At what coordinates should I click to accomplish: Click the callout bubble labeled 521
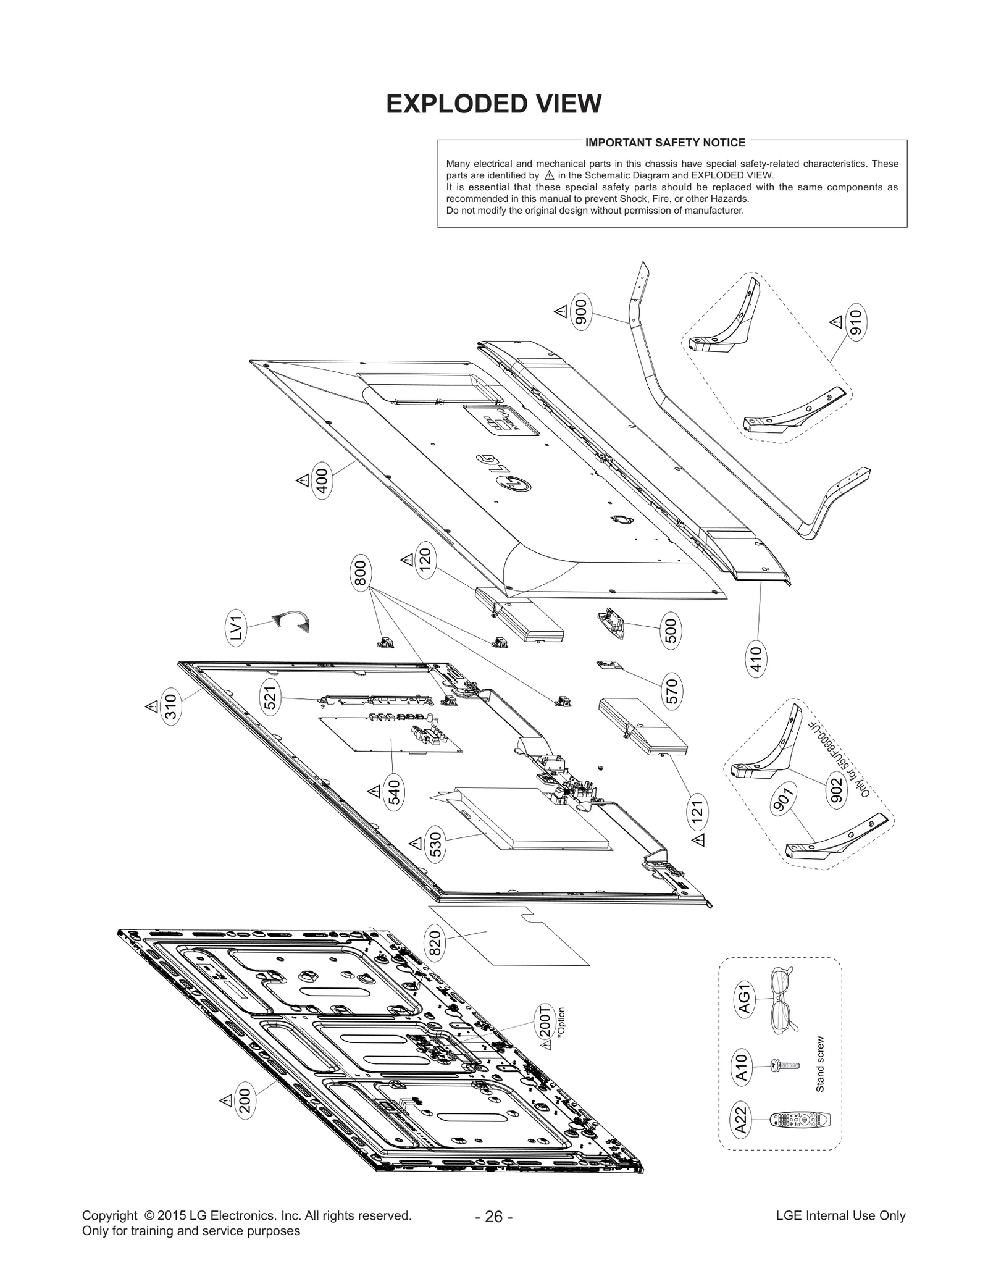(271, 697)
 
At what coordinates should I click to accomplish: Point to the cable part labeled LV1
(291, 620)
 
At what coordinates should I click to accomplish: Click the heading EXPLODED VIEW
(493, 104)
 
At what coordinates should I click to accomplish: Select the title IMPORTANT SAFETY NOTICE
(665, 143)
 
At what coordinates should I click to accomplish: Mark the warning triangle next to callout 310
(151, 706)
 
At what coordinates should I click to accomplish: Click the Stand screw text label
(820, 1063)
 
